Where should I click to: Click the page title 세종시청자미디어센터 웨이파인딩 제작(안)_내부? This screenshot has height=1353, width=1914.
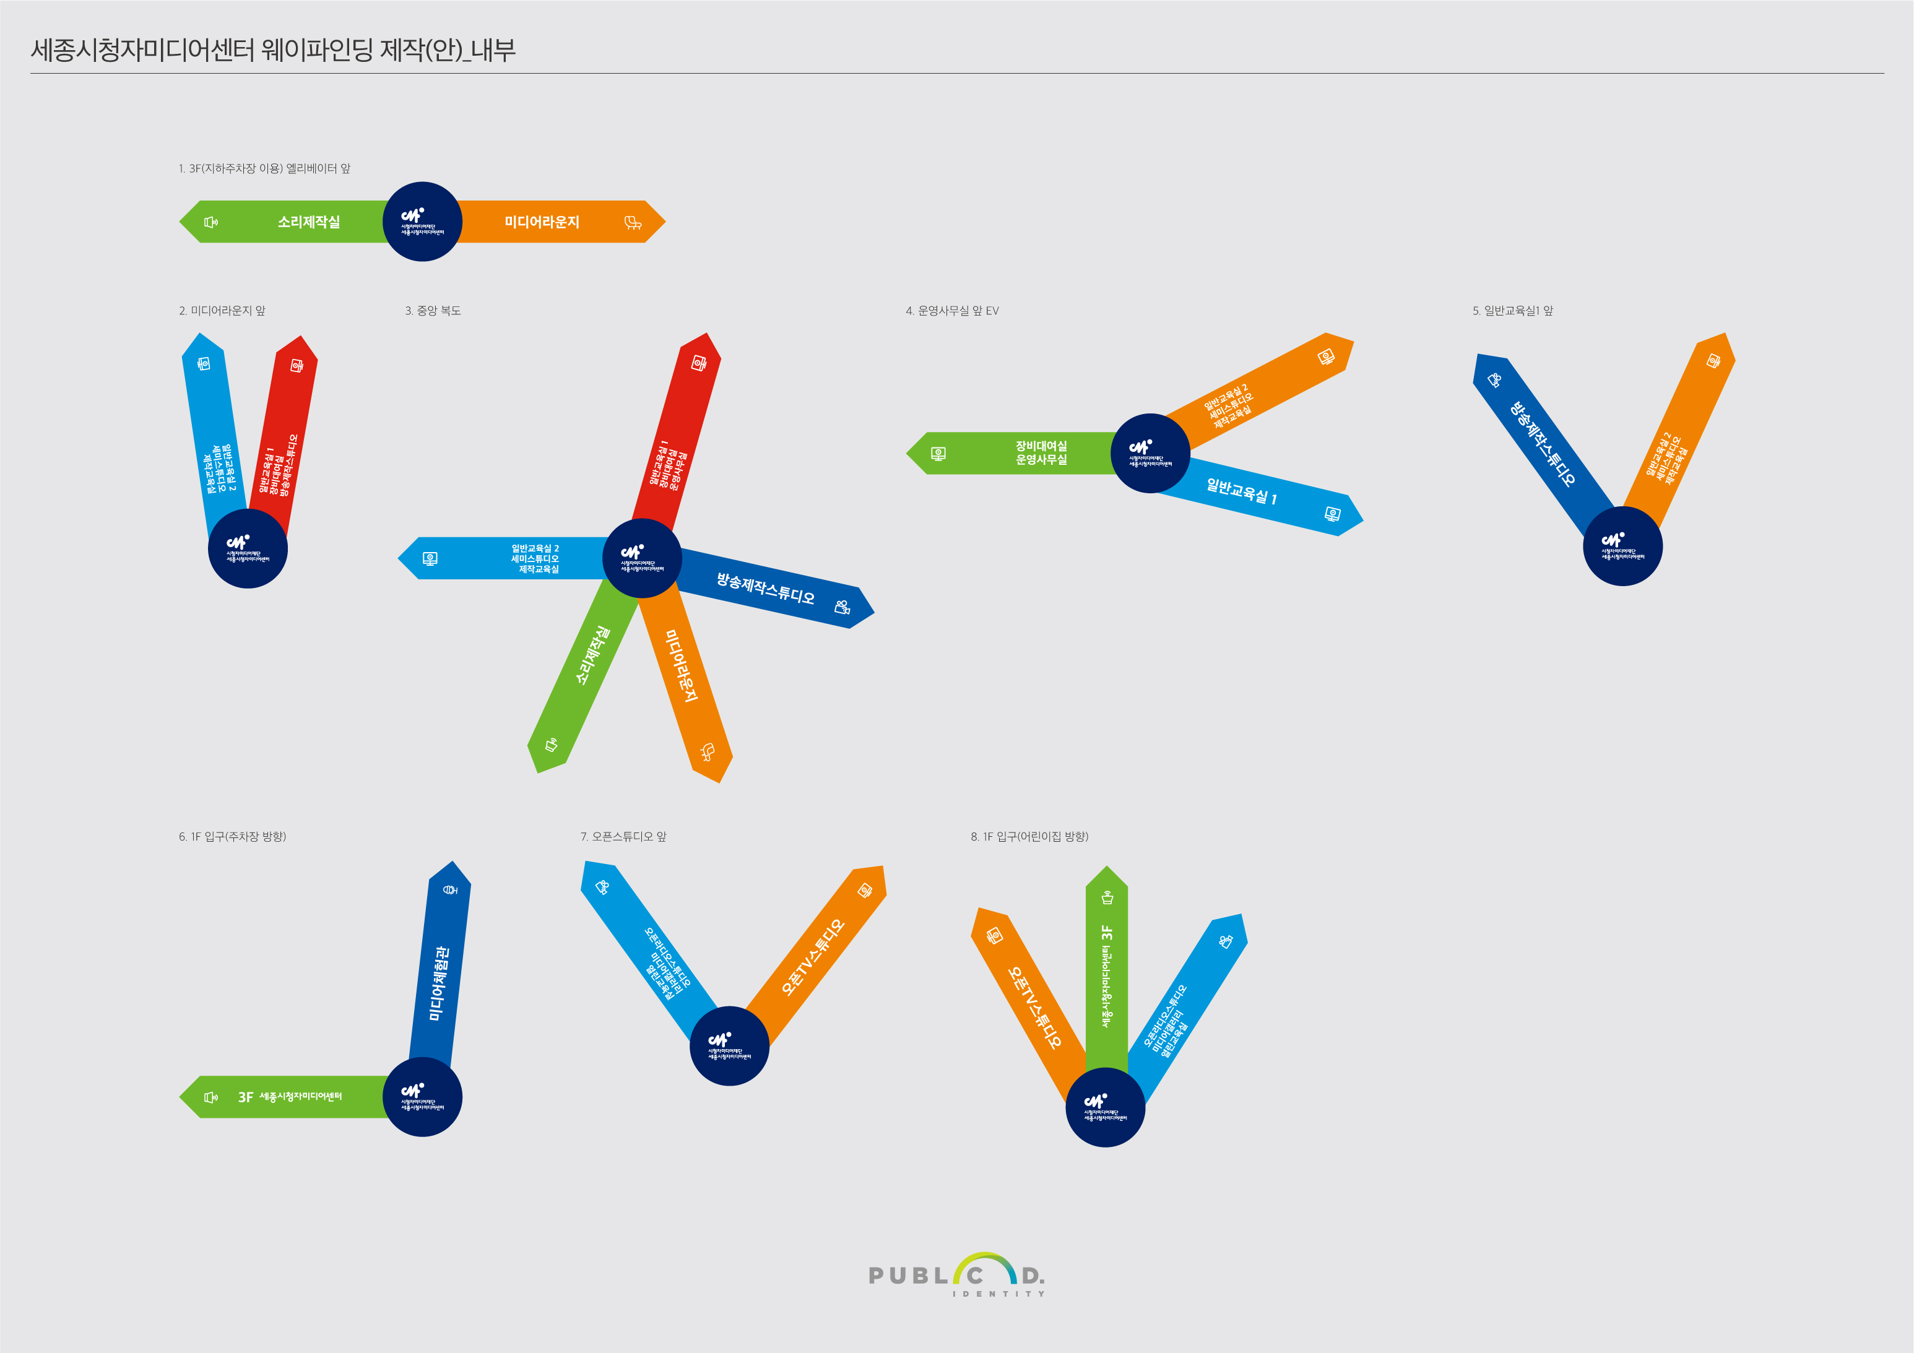click(x=272, y=50)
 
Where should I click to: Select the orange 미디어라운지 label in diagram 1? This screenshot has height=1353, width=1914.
click(x=542, y=222)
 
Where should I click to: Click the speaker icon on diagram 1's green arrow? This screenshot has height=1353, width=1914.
click(x=211, y=222)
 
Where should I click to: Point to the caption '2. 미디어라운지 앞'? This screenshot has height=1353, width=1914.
click(x=222, y=311)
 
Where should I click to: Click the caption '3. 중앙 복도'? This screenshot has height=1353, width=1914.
click(x=433, y=311)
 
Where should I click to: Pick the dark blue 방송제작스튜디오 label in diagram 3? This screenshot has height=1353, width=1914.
click(x=765, y=588)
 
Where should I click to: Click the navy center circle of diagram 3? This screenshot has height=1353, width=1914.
click(x=642, y=558)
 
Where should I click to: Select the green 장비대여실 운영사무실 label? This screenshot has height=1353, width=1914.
click(x=1041, y=452)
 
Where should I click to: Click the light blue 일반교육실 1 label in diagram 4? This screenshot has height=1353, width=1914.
click(x=1241, y=492)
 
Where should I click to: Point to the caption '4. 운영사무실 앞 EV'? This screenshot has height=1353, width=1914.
click(x=952, y=311)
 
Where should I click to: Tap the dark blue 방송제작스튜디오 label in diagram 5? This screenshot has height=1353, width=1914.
click(x=1543, y=444)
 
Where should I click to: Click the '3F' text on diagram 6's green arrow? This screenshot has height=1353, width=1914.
click(x=245, y=1097)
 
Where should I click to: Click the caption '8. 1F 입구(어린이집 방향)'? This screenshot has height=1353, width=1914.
click(x=1029, y=836)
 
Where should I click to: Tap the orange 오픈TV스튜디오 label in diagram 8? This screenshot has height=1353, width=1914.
click(x=1034, y=1007)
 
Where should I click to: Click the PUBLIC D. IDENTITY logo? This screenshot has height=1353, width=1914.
click(x=956, y=1276)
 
